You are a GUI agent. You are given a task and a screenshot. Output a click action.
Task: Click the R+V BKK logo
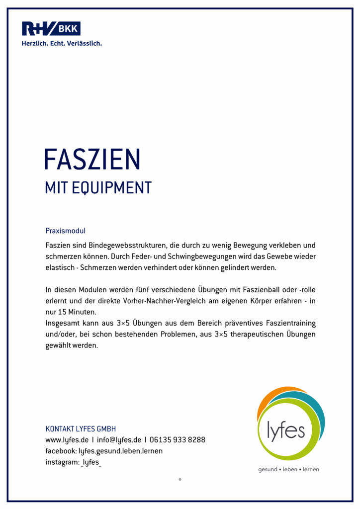coord(51,28)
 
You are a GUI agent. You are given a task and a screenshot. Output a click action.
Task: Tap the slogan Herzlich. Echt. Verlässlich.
coord(62,43)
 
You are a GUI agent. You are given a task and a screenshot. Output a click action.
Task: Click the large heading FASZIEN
coord(92,159)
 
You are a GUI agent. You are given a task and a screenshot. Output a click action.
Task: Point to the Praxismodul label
coord(65,231)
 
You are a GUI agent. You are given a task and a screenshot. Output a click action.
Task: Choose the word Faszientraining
coord(290,324)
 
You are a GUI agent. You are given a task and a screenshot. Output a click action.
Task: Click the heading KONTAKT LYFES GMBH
coord(81,428)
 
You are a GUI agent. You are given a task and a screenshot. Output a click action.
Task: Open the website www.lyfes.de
coord(67,440)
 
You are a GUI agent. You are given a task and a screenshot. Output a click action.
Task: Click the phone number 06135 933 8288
coord(177,440)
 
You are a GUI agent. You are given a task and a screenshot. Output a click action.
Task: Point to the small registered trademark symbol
coord(180,479)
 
